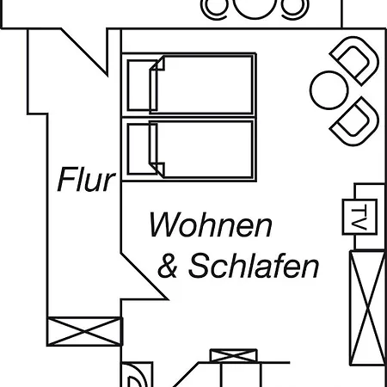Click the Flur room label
[x=86, y=180]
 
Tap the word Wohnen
[x=211, y=225]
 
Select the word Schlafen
[x=254, y=266]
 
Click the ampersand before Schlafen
[x=168, y=267]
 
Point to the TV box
[x=359, y=217]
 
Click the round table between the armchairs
[x=329, y=90]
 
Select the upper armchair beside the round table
[x=355, y=61]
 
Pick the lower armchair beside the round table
[x=355, y=121]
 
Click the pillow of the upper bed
[x=142, y=85]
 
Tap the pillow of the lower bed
[x=142, y=149]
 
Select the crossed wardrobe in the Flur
[x=85, y=331]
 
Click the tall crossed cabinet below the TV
[x=367, y=308]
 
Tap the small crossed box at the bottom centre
[x=233, y=356]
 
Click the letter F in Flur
[x=64, y=180]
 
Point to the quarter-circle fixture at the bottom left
[x=137, y=375]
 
